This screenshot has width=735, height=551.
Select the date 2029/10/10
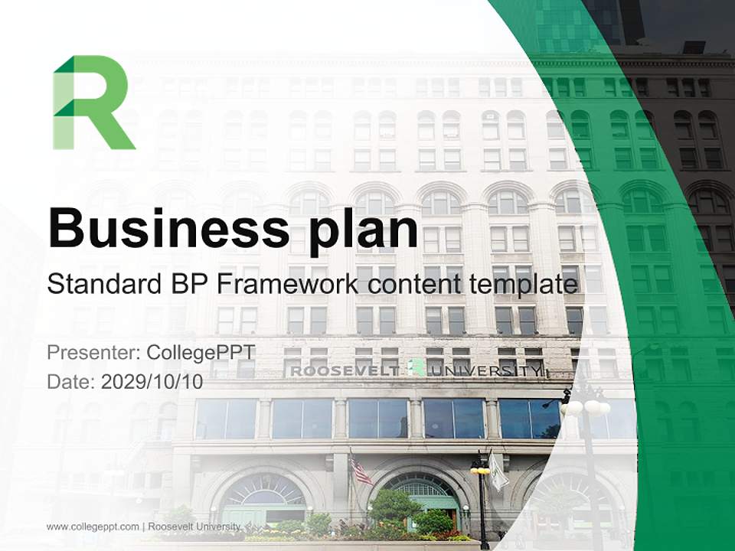coord(152,382)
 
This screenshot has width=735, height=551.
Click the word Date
coord(70,382)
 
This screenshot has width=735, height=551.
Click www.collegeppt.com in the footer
coord(93,527)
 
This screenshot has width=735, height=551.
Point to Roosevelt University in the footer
coord(194,527)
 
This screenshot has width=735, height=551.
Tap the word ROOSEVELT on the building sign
coord(345,371)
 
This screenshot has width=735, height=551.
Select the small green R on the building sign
coord(416,368)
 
